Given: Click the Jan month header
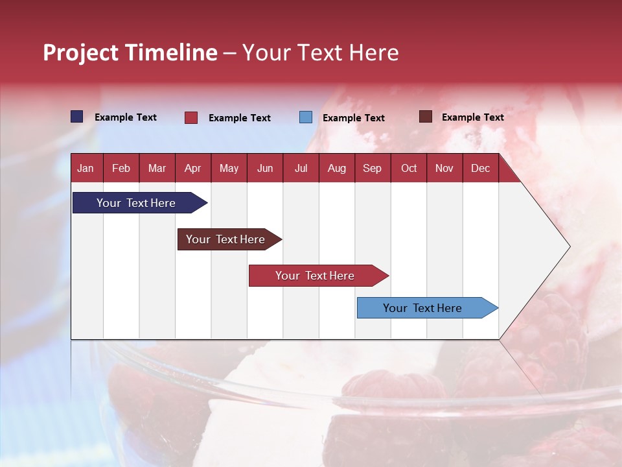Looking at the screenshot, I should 86,168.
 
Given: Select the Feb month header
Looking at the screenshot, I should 121,168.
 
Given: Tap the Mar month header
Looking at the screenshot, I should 157,168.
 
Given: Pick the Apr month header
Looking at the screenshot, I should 192,168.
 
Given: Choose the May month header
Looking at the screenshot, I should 229,168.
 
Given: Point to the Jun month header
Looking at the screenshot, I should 265,168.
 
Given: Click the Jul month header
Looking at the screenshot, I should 301,168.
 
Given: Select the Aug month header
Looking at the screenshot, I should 336,168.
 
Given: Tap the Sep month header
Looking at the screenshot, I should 372,168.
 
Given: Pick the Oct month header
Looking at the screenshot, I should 409,168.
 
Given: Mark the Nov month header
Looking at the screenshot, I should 444,168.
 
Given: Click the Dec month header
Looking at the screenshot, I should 480,168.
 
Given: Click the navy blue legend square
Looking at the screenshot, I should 77,117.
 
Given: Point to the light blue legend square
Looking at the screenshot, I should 306,117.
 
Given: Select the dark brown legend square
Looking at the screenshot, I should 426,117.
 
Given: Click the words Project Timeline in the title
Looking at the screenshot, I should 130,53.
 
